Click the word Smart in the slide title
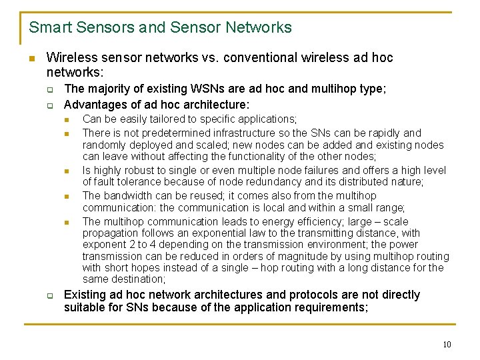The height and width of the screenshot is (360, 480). (x=48, y=27)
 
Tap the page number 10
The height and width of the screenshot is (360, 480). (x=447, y=344)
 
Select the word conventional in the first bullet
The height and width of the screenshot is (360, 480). (x=259, y=58)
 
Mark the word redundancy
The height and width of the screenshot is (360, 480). (x=301, y=182)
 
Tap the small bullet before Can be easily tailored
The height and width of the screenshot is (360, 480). (x=67, y=120)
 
